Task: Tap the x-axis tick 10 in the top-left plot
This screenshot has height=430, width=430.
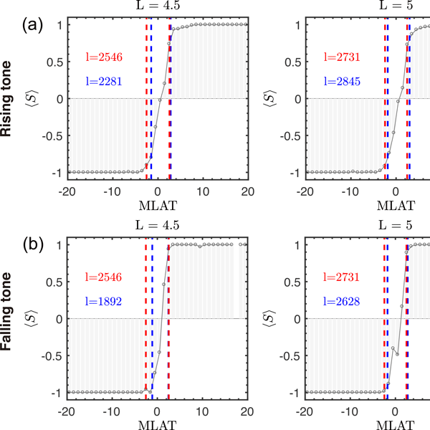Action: pyautogui.click(x=202, y=191)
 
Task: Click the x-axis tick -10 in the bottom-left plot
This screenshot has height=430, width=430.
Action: pyautogui.click(x=111, y=412)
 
